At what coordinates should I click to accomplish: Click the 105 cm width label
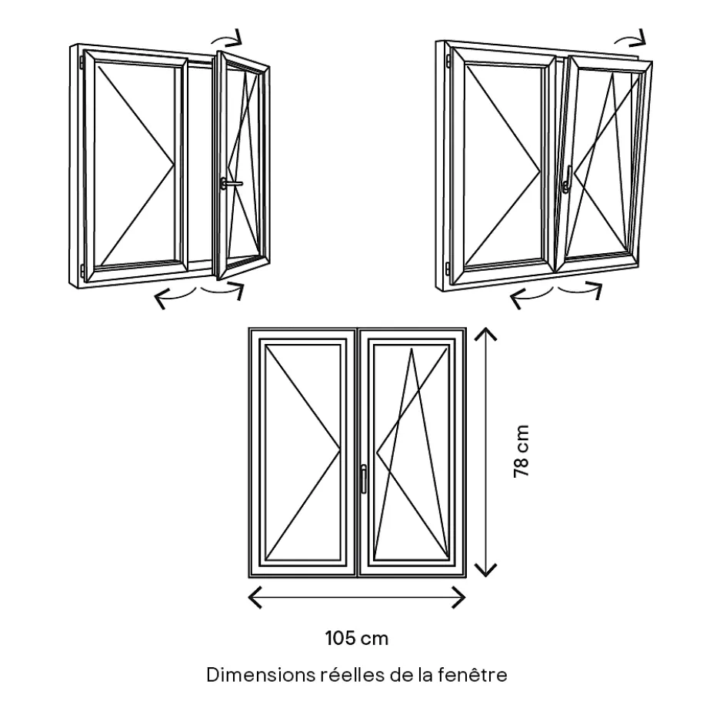pos(356,638)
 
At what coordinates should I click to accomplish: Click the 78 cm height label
pos(521,451)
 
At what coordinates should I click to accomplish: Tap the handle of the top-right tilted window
pos(567,183)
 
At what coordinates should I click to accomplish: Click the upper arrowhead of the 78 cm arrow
pos(485,333)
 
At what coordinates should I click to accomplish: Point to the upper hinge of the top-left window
pos(82,60)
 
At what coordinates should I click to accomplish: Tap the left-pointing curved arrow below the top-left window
pos(173,296)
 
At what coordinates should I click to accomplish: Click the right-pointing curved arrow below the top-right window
pos(581,289)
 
